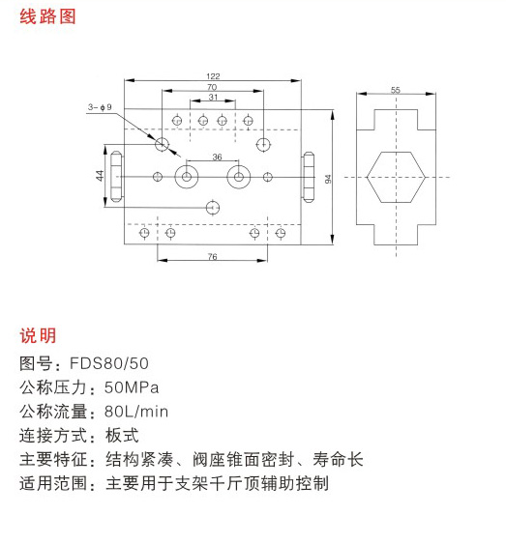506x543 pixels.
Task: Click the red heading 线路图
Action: (x=47, y=16)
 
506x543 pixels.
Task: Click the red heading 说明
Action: (x=38, y=335)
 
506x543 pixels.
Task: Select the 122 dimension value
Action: (x=213, y=76)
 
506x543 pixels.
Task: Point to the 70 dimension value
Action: (x=212, y=87)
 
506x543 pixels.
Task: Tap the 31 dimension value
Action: (x=213, y=97)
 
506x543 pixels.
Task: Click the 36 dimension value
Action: (x=217, y=157)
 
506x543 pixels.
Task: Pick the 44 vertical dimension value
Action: (x=100, y=176)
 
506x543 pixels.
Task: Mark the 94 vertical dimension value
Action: (x=328, y=179)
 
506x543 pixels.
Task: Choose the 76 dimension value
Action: (x=212, y=256)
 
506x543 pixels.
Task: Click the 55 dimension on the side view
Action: (x=396, y=90)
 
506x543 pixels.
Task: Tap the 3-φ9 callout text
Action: (x=100, y=107)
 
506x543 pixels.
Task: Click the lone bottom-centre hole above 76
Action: (x=213, y=208)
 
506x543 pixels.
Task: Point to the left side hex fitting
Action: (x=116, y=177)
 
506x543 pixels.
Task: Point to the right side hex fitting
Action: (x=309, y=177)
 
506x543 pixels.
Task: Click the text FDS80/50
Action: (x=109, y=363)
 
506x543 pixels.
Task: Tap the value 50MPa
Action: (x=132, y=387)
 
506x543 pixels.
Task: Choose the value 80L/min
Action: (x=136, y=412)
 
